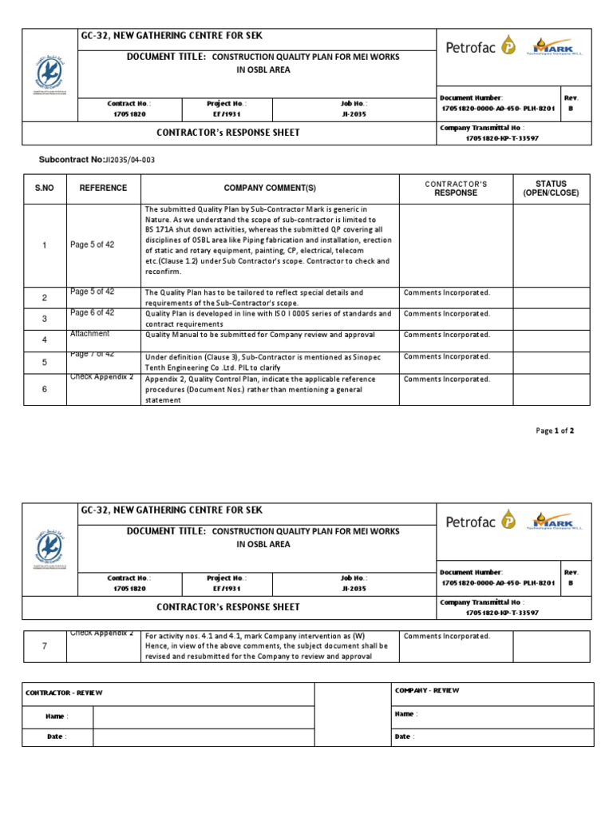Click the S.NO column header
(x=44, y=189)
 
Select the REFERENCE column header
(x=103, y=189)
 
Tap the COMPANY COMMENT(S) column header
(x=270, y=189)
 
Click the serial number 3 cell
(x=45, y=319)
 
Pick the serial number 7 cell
(x=45, y=646)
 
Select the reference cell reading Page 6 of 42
(x=93, y=313)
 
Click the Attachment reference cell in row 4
(x=90, y=334)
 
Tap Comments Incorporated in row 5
(x=447, y=357)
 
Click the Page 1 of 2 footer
(x=555, y=431)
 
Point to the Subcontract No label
(x=71, y=160)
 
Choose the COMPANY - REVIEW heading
(x=427, y=690)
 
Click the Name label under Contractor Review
(x=57, y=717)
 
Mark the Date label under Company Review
(x=404, y=737)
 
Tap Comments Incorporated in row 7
(x=447, y=636)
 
